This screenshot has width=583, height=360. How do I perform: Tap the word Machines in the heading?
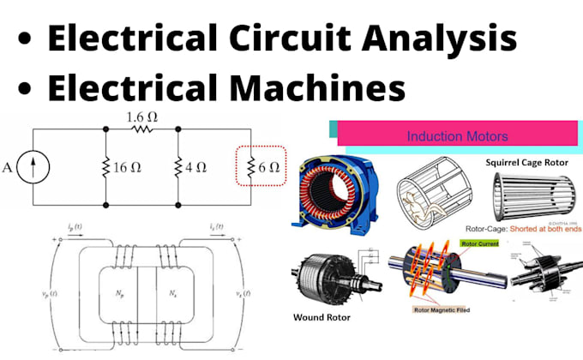point(308,89)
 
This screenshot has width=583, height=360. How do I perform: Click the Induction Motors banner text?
point(457,136)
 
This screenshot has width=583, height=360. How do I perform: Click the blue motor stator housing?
point(336,195)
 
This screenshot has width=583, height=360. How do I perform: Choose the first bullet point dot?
point(28,39)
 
